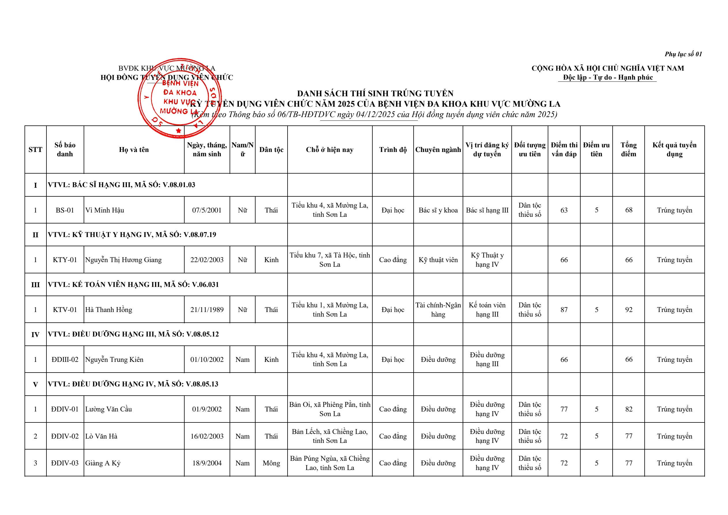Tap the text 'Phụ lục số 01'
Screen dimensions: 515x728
point(683,54)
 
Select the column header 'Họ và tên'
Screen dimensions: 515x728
point(134,150)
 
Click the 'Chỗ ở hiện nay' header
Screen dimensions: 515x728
point(330,150)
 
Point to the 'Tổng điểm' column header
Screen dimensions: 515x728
point(628,150)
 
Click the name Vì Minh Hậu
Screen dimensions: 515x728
point(105,210)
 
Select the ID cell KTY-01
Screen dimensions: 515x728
point(65,260)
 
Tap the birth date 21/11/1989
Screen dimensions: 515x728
point(207,310)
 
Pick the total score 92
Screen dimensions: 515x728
point(628,310)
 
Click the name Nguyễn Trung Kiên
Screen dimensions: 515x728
point(114,360)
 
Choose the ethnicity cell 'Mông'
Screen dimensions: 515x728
point(271,463)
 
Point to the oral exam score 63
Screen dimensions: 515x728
point(564,210)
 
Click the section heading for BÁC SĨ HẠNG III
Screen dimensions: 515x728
point(121,185)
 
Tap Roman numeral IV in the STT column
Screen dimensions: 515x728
point(35,334)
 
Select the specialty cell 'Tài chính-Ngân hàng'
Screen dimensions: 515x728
point(438,310)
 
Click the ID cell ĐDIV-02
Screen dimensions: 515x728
point(65,436)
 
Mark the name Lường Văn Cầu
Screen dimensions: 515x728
point(108,409)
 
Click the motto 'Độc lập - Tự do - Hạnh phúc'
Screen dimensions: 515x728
point(608,77)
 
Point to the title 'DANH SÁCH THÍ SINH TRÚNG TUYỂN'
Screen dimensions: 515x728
point(375,93)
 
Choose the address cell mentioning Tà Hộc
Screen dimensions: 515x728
point(330,260)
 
